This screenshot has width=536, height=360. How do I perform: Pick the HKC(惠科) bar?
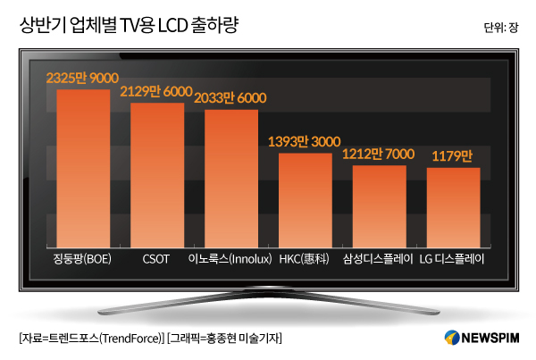(305, 201)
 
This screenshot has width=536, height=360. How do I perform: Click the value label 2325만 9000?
(82, 80)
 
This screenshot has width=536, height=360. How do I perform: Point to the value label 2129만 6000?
(156, 92)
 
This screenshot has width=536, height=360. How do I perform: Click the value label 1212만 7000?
(379, 154)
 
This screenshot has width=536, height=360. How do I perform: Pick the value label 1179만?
(453, 155)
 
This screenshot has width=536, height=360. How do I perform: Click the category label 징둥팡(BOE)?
(82, 260)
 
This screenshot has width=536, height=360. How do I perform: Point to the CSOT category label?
(156, 260)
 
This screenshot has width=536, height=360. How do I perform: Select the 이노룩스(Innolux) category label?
(230, 260)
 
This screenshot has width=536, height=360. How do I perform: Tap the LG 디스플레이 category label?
(453, 260)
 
